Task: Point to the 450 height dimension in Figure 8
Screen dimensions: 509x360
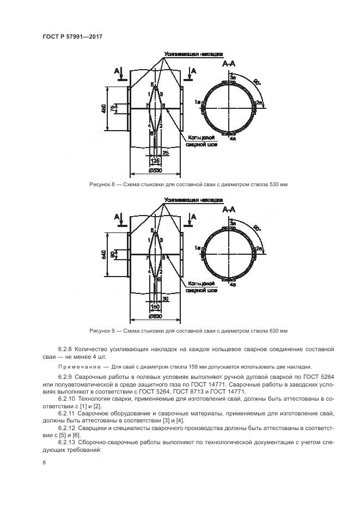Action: pyautogui.click(x=104, y=109)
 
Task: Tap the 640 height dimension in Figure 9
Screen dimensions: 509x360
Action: pyautogui.click(x=104, y=255)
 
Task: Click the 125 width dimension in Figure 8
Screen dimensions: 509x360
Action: pyautogui.click(x=155, y=162)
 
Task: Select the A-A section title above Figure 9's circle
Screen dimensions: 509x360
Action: pyautogui.click(x=229, y=210)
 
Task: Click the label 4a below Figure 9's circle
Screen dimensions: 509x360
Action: pyautogui.click(x=233, y=284)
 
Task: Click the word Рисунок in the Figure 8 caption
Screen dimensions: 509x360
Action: pyautogui.click(x=100, y=185)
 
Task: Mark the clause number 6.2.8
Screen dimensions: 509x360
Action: pyautogui.click(x=65, y=348)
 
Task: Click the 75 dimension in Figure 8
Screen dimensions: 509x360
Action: pyautogui.click(x=113, y=109)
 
